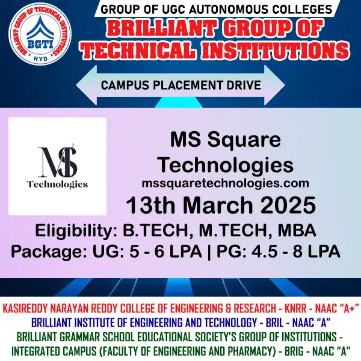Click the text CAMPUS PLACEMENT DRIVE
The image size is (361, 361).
click(180, 85)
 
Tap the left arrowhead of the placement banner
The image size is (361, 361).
click(85, 85)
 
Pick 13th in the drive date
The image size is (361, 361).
click(151, 206)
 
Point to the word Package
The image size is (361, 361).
click(46, 251)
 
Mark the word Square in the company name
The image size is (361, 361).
click(247, 141)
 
